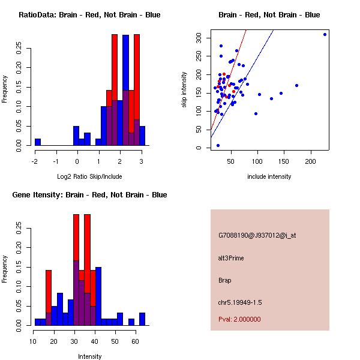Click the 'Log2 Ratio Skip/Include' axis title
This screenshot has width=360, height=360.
(89, 176)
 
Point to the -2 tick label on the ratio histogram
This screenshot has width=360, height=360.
(34, 161)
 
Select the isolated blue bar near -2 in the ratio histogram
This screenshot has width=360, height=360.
(38, 142)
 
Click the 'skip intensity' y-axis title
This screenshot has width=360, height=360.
(184, 89)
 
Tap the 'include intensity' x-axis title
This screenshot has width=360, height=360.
(269, 176)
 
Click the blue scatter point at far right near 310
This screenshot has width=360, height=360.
(325, 34)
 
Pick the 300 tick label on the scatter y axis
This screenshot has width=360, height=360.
(199, 38)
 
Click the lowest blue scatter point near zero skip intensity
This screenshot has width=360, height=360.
(218, 145)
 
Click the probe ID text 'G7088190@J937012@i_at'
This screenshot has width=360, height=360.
(257, 235)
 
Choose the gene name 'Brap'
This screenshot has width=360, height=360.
(225, 280)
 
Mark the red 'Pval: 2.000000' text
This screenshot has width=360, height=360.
(239, 319)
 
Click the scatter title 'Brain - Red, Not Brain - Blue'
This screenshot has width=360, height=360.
(269, 15)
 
